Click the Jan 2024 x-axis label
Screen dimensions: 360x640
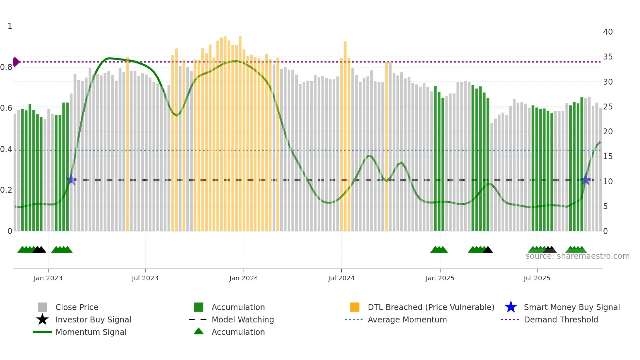pos(244,278)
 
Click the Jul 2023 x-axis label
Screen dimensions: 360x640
pos(145,278)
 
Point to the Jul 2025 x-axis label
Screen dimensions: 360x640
pos(537,278)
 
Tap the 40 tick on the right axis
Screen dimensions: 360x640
pos(608,32)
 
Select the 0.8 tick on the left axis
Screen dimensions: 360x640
pos(7,67)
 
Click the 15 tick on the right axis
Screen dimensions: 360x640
pos(608,156)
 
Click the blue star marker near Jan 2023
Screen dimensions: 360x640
pos(71,180)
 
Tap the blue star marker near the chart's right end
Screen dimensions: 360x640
pos(586,180)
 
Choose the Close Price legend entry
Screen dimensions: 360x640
pos(77,307)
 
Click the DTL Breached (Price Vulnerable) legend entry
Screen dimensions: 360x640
pos(431,307)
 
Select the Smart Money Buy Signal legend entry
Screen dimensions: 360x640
pos(571,307)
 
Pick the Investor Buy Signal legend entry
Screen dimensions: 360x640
pos(93,320)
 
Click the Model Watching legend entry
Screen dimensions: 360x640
pos(243,320)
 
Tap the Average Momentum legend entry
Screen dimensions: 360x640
pos(407,320)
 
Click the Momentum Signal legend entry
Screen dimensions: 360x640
pos(91,332)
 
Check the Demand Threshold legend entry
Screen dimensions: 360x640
pos(561,320)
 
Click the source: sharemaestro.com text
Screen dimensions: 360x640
pos(577,256)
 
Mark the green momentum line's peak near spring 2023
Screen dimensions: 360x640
pos(109,58)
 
